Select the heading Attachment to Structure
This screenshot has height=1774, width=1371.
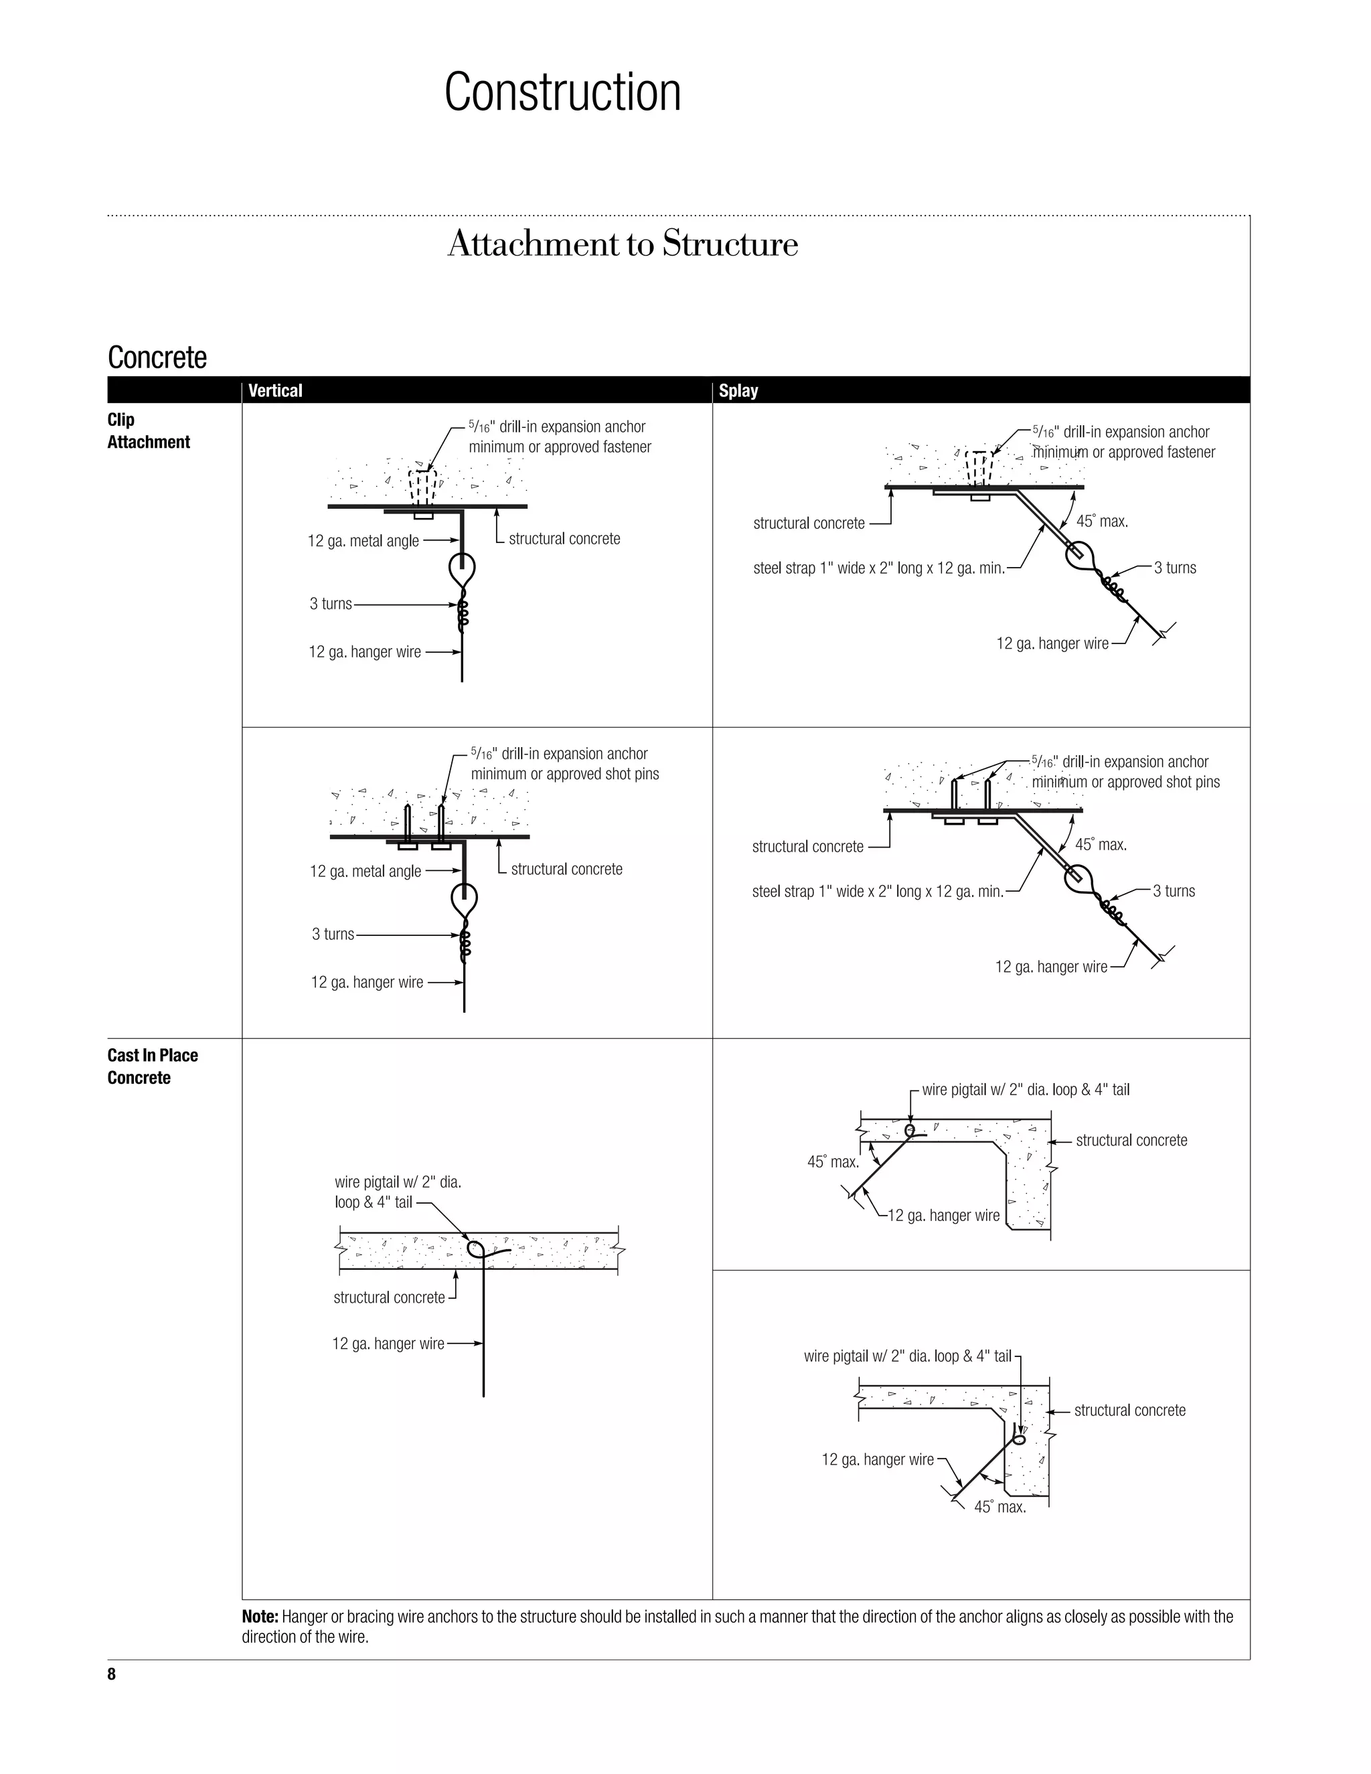(x=622, y=244)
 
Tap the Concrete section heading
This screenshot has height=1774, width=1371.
(x=157, y=357)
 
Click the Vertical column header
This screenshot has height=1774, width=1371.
(x=275, y=391)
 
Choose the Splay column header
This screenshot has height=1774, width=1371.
(x=738, y=391)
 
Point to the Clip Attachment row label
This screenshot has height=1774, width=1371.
(x=148, y=430)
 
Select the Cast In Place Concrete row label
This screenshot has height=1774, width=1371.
(x=153, y=1066)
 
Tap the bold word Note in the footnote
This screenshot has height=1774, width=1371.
(x=260, y=1617)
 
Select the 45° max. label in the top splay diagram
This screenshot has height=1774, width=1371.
(x=1102, y=521)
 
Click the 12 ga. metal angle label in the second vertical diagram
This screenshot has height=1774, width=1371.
(x=366, y=872)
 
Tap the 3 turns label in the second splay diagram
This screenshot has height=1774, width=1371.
(x=1174, y=891)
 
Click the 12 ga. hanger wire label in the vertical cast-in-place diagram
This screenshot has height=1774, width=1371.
(x=388, y=1344)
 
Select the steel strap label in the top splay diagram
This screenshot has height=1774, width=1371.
(x=879, y=568)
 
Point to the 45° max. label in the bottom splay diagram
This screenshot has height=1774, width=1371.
(x=1000, y=1508)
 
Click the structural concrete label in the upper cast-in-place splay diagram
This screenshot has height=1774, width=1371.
(x=1131, y=1141)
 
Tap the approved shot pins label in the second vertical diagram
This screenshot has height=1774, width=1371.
(x=565, y=774)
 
